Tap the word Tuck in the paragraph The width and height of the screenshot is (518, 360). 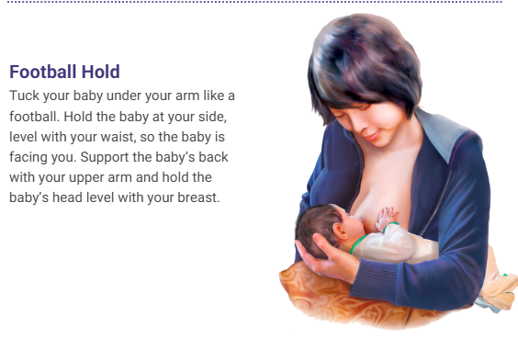(x=24, y=96)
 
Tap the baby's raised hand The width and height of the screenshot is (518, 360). (x=390, y=218)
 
